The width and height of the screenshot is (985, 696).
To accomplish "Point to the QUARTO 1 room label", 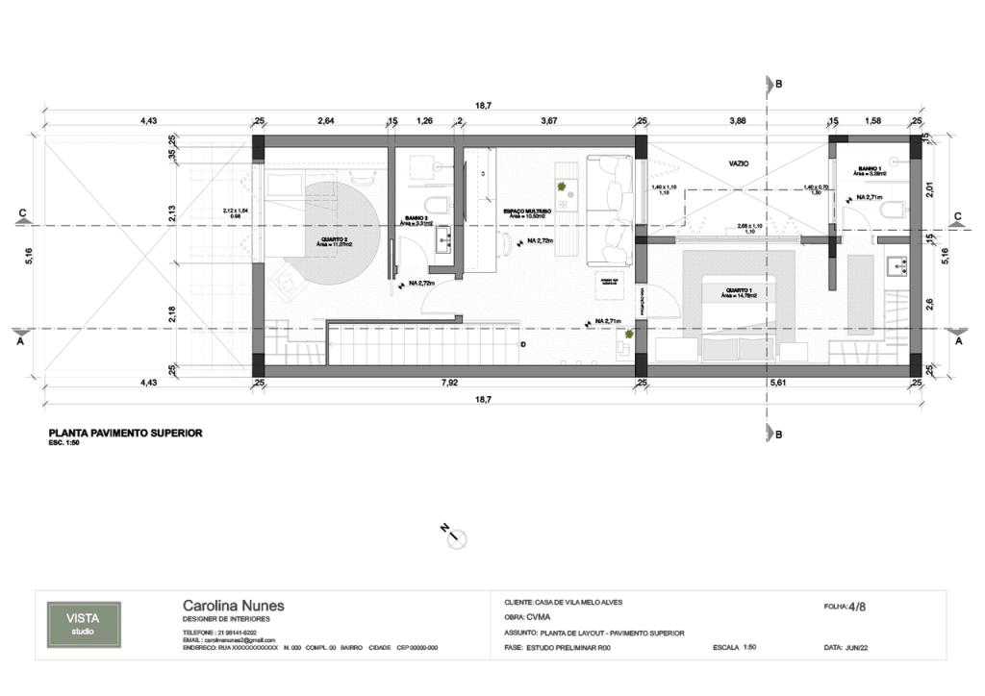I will click(739, 289).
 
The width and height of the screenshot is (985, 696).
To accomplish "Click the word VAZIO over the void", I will click(739, 164).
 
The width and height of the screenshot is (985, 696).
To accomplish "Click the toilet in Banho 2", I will click(440, 204).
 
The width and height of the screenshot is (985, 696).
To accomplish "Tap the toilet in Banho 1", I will click(890, 208).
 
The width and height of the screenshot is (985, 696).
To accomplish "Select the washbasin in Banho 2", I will click(443, 241).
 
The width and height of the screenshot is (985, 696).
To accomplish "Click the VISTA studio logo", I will click(84, 624).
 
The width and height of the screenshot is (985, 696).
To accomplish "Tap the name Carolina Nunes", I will click(234, 606).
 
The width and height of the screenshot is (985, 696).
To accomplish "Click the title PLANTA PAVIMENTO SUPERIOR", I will click(125, 434).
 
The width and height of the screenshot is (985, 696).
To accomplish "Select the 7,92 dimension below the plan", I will click(448, 382).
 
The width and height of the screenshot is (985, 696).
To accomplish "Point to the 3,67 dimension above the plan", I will click(549, 121).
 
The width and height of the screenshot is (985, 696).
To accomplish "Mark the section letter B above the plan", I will click(778, 85).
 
